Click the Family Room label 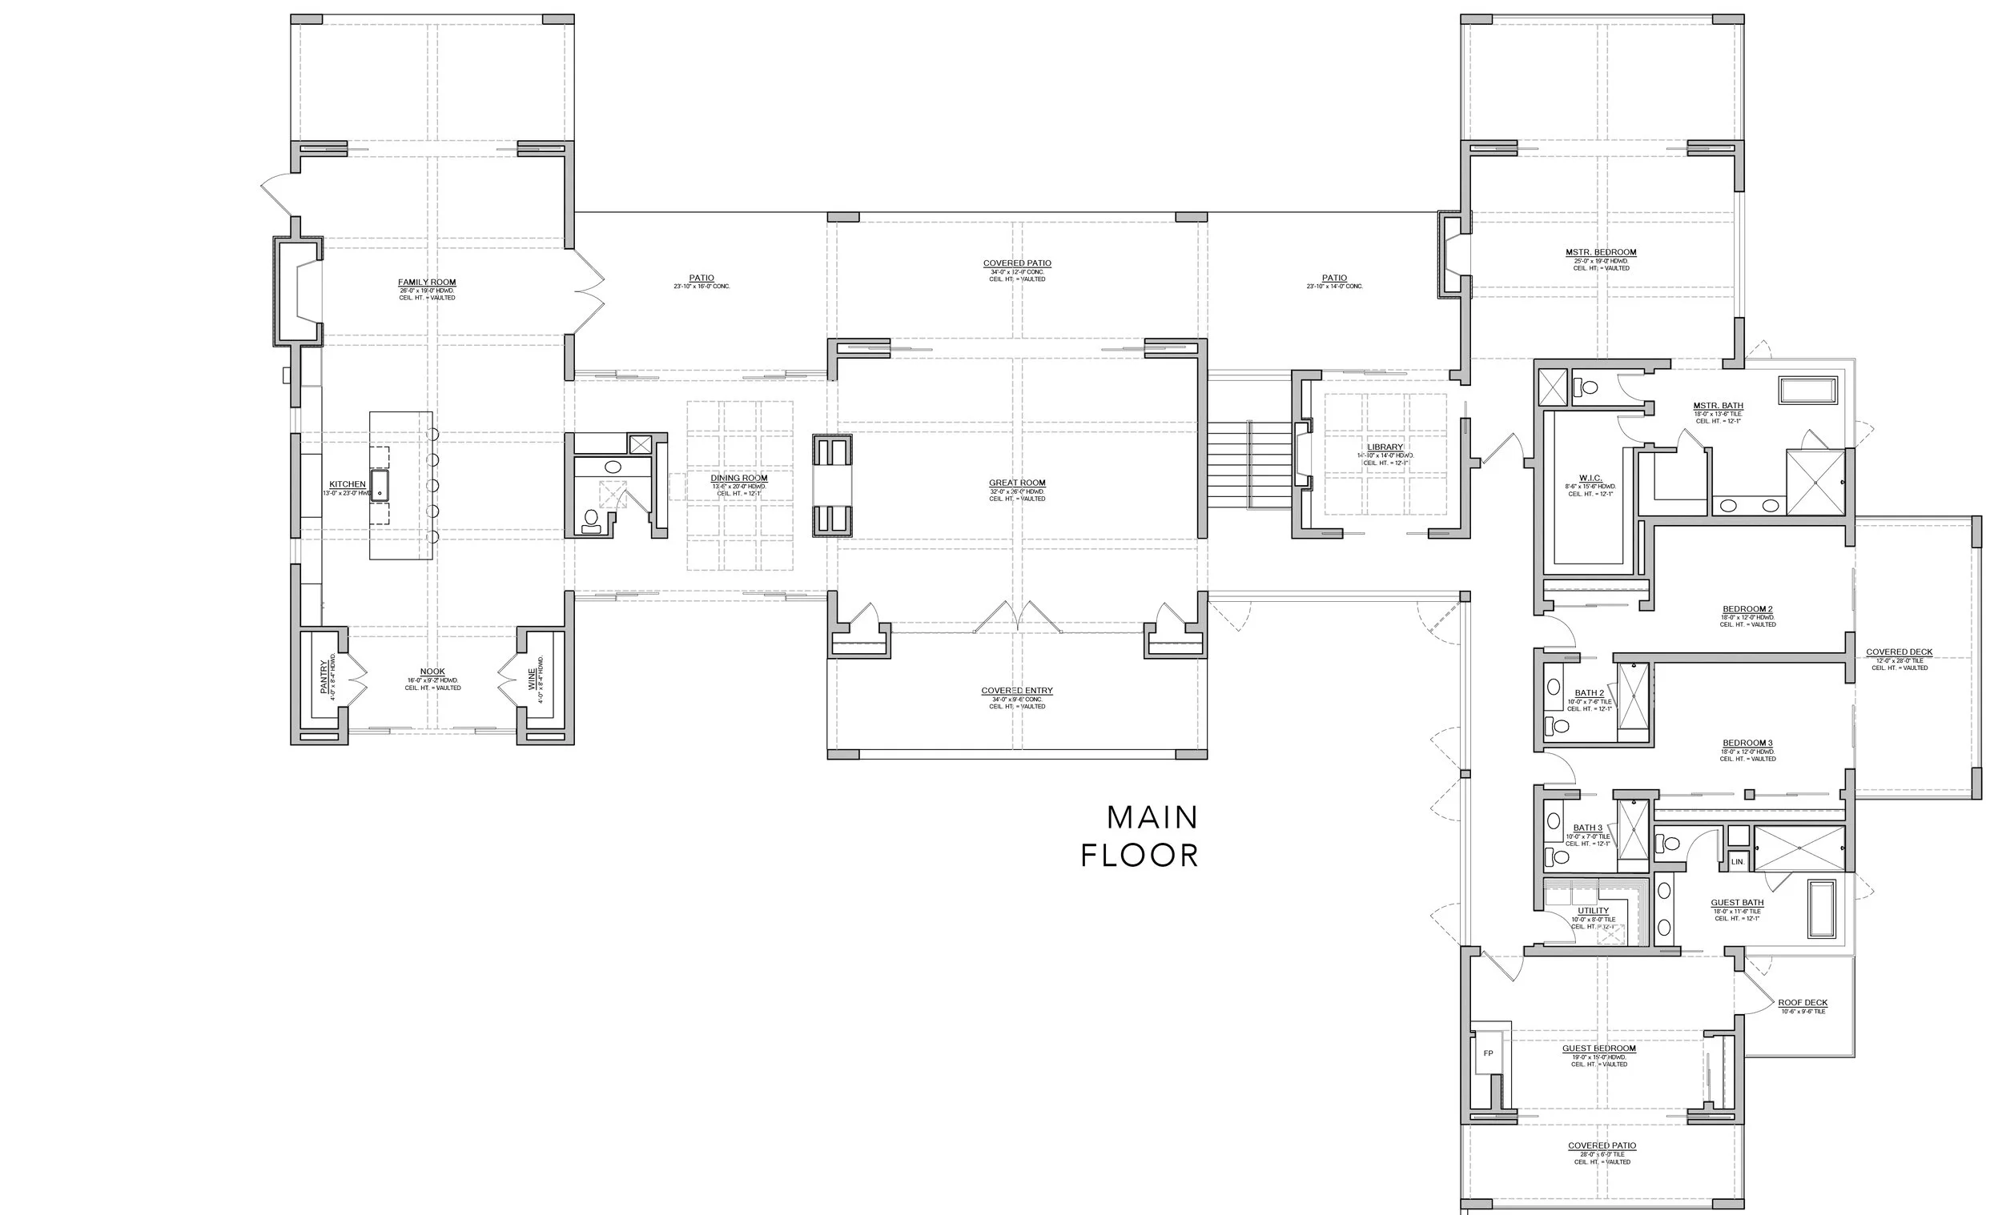(427, 283)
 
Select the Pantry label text (324, 676)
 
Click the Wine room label (532, 680)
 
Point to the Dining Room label (738, 478)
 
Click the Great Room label (1016, 483)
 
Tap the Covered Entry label (1016, 690)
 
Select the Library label (1385, 447)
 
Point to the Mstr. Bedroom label (1601, 253)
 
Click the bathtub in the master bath (1808, 390)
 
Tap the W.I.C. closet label (1590, 478)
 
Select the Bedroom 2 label (1747, 609)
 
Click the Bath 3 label (1588, 828)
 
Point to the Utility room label (1593, 910)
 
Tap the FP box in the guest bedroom (1488, 1053)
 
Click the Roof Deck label (1802, 1003)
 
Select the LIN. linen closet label (1737, 862)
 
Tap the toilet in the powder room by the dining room (592, 518)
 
